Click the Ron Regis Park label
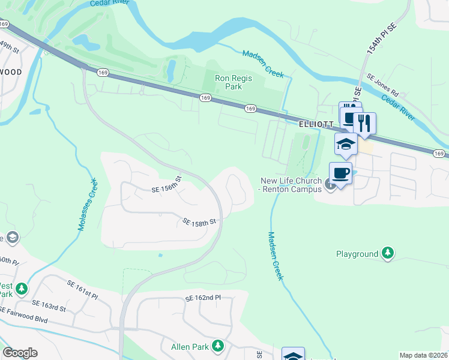(234, 82)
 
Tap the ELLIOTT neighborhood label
(316, 124)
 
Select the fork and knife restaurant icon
(364, 124)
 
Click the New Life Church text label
(291, 185)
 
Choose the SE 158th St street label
(199, 223)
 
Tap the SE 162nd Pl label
(203, 298)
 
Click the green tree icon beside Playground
(388, 254)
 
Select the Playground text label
(357, 254)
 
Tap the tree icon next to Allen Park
(218, 346)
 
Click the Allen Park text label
(190, 347)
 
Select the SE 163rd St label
(49, 305)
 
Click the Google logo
(20, 353)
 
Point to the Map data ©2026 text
(423, 355)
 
